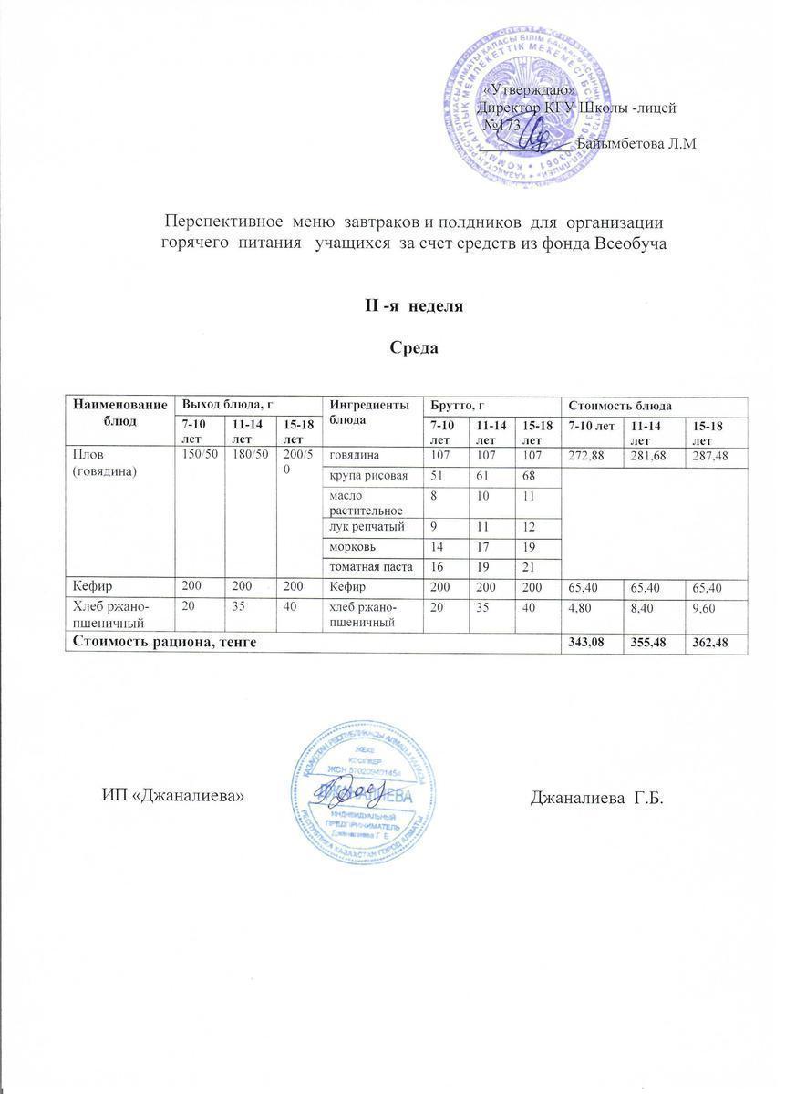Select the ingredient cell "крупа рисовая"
361,477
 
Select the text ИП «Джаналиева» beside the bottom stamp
173,797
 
